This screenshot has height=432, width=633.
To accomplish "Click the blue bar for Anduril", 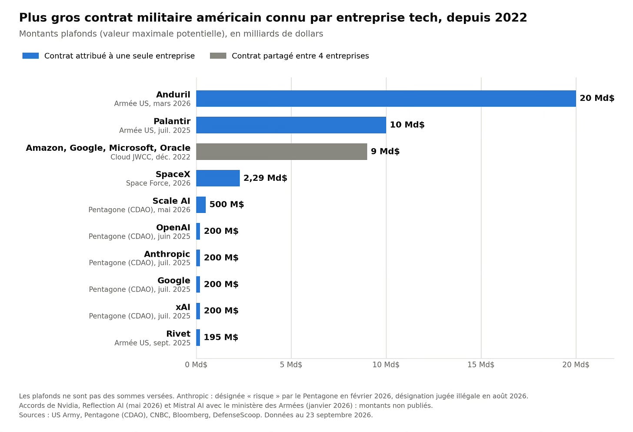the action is [386, 99].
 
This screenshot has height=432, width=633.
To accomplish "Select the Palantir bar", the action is [291, 125].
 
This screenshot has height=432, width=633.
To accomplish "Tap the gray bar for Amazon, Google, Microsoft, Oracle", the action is [282, 152].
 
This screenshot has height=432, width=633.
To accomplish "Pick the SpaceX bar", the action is [218, 178].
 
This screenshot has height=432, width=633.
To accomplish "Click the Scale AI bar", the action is [201, 205].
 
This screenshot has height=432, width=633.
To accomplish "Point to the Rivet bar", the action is [198, 338].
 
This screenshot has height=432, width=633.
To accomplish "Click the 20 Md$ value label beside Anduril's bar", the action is [597, 98].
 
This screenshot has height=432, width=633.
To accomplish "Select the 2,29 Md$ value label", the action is [265, 178].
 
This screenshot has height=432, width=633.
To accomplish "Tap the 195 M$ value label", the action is [221, 337].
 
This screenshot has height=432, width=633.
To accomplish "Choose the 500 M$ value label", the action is [227, 204].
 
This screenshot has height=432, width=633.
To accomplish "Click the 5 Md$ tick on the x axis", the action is [291, 365].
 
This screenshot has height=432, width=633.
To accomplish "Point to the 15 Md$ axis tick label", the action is [481, 365].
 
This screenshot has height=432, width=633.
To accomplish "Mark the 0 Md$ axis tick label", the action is [196, 365].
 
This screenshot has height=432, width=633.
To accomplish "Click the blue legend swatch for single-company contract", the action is [30, 56].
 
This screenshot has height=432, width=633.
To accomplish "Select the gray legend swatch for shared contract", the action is [218, 56].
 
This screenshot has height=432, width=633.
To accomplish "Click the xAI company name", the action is [183, 307].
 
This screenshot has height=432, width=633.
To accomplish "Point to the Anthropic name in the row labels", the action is [167, 254].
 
